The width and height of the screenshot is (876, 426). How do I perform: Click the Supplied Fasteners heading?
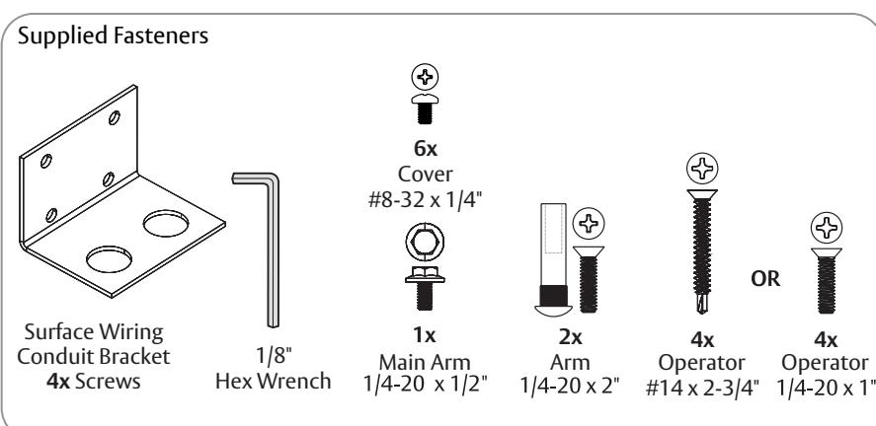click(113, 36)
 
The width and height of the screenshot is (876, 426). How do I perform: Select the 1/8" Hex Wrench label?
click(274, 369)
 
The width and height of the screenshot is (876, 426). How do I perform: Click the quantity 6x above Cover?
click(425, 149)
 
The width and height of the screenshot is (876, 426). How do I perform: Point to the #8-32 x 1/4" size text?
click(425, 199)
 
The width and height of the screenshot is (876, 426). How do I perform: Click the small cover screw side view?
click(425, 108)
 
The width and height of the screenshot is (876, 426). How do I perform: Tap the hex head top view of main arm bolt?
click(425, 242)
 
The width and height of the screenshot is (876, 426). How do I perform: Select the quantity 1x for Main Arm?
click(425, 335)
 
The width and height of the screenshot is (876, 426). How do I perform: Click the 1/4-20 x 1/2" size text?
click(425, 384)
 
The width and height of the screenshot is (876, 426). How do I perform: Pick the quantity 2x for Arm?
click(571, 337)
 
